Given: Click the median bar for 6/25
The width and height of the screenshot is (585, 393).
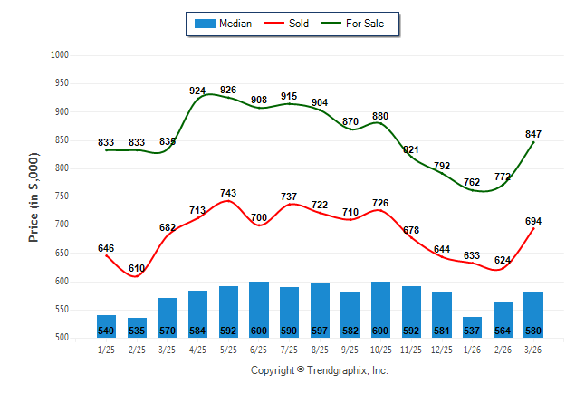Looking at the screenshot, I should pos(259,310).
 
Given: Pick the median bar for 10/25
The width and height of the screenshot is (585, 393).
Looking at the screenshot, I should pos(381,310).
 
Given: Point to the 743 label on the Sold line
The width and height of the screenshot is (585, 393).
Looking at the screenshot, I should pos(228,194).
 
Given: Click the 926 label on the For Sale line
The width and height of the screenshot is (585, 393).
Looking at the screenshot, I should pos(228,90).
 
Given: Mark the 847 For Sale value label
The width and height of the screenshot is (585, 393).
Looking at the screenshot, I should pos(533,134).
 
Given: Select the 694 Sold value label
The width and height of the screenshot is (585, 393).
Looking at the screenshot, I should pos(533,221).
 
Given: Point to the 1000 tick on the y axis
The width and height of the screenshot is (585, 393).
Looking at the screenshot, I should pos(60,55).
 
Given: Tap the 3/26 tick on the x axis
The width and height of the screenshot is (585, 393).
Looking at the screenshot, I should pos(533,350).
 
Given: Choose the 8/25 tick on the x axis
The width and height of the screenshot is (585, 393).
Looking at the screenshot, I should pos(320,350).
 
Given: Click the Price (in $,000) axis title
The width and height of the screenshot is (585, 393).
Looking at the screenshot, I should pos(34,196).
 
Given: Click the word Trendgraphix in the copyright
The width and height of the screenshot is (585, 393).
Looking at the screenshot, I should pos(338,370).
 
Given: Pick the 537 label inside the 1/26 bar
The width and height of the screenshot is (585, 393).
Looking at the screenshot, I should pos(474,331).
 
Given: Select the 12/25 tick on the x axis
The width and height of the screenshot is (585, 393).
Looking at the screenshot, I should pos(442,350).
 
